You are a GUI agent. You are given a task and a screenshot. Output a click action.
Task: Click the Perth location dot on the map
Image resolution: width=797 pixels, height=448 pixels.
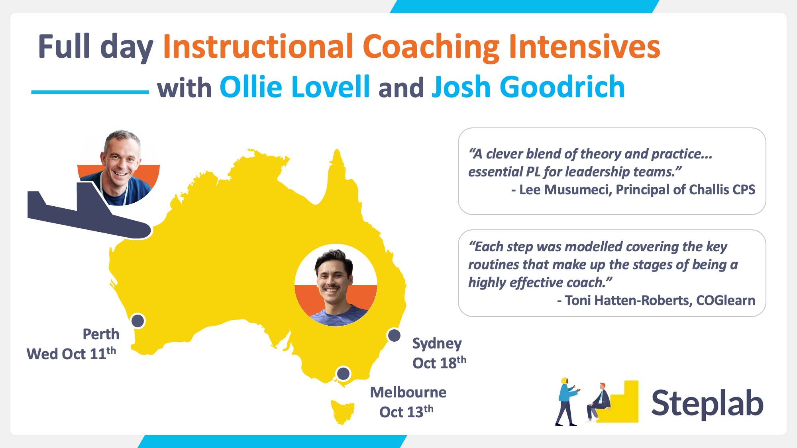click(x=138, y=321)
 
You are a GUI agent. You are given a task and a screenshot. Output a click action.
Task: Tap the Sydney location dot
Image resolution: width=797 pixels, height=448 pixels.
click(x=394, y=335)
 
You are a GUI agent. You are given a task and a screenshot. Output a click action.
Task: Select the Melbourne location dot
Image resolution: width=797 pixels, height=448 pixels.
click(x=343, y=374)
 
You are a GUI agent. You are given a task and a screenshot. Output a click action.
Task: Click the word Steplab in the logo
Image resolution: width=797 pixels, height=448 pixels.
click(x=707, y=403)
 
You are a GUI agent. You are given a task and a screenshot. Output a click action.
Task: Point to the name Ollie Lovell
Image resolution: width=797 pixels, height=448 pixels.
click(x=295, y=87)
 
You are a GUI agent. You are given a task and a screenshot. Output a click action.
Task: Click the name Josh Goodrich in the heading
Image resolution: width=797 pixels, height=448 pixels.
click(x=528, y=88)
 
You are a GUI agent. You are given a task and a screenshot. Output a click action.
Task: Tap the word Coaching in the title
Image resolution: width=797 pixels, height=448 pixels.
click(x=431, y=47)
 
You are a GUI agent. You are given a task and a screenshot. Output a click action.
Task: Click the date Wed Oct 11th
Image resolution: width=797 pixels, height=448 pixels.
click(x=71, y=353)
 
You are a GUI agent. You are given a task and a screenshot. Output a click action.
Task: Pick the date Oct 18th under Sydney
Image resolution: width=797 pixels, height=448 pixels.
click(x=439, y=362)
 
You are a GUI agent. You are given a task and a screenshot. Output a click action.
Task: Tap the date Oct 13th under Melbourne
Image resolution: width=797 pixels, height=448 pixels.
click(x=406, y=411)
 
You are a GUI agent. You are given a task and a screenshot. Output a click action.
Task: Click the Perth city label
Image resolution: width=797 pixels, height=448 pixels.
click(x=101, y=334)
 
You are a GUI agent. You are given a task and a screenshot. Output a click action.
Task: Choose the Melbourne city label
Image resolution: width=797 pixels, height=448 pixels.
click(x=408, y=392)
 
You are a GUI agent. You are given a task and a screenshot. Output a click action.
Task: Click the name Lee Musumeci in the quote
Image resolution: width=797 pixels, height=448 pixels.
click(x=565, y=190)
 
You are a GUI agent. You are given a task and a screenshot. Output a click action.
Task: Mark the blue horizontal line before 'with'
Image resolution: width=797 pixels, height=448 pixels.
click(x=90, y=92)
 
